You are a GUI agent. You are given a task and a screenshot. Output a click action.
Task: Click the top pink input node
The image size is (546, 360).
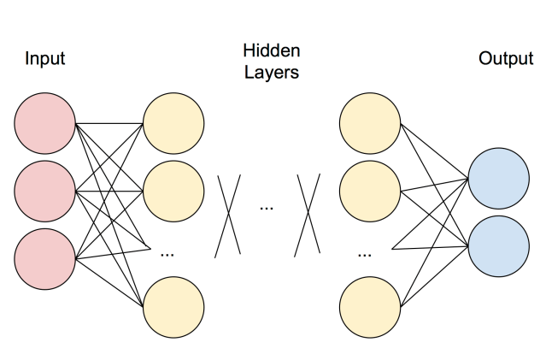pyautogui.click(x=45, y=125)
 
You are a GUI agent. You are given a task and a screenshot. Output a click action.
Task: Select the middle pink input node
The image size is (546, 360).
pyautogui.click(x=45, y=191)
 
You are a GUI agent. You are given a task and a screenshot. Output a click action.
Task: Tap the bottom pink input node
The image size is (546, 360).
pyautogui.click(x=45, y=257)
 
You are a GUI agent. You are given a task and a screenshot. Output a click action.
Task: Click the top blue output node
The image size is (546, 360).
pyautogui.click(x=498, y=179)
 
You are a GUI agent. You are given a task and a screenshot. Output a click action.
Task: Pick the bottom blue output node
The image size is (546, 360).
pyautogui.click(x=498, y=245)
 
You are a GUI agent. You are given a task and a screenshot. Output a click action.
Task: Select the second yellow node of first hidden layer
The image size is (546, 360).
pyautogui.click(x=173, y=191)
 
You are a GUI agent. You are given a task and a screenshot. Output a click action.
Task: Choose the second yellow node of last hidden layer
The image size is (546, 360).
pyautogui.click(x=369, y=191)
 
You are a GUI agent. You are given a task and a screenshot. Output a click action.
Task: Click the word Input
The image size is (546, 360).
pyautogui.click(x=45, y=59)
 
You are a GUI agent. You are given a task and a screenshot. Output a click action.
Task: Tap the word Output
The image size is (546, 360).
pyautogui.click(x=506, y=59)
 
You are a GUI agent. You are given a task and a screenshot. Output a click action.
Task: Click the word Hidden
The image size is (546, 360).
pyautogui.click(x=271, y=51)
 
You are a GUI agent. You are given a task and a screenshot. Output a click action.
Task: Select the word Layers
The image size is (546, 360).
pyautogui.click(x=271, y=73)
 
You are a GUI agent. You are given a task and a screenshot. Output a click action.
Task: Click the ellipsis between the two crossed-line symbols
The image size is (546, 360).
pyautogui.click(x=267, y=208)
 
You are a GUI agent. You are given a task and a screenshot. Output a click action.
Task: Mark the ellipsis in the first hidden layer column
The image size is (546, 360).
pyautogui.click(x=167, y=253)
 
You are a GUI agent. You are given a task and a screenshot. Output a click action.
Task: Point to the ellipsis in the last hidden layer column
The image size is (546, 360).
pyautogui.click(x=365, y=253)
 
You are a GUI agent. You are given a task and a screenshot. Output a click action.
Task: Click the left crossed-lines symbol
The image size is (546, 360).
pyautogui.click(x=228, y=215)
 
